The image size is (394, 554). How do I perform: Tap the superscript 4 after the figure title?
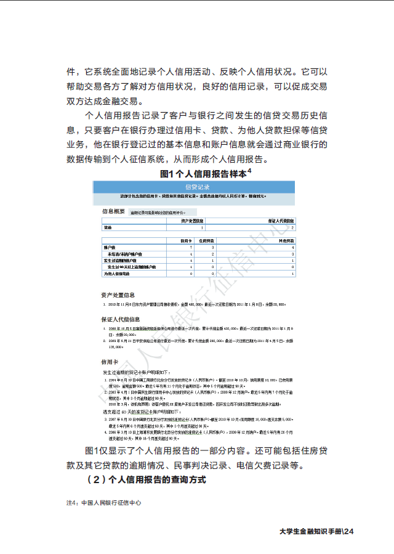pos(250,171)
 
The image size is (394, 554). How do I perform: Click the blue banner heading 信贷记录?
pos(197,187)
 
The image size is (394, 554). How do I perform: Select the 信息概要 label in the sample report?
pos(113,211)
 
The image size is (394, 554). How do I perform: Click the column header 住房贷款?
pos(207,240)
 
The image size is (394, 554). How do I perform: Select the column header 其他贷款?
pos(285,240)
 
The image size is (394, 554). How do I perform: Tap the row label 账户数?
pos(111,247)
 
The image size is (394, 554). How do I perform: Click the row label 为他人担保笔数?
pos(116,273)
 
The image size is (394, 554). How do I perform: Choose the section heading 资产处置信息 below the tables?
pos(118,295)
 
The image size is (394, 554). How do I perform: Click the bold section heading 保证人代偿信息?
pos(120,319)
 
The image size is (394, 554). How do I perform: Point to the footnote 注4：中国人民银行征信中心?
pos(104,502)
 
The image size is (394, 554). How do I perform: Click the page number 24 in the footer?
pos(350,531)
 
